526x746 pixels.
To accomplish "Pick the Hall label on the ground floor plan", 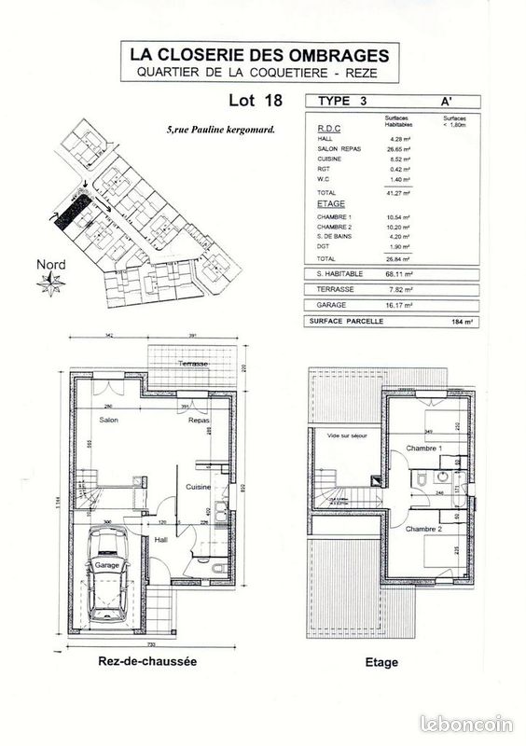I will point(160,540).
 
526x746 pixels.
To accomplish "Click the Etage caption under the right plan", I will point(382,663).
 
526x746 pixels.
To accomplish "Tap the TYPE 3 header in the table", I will point(341,101).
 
